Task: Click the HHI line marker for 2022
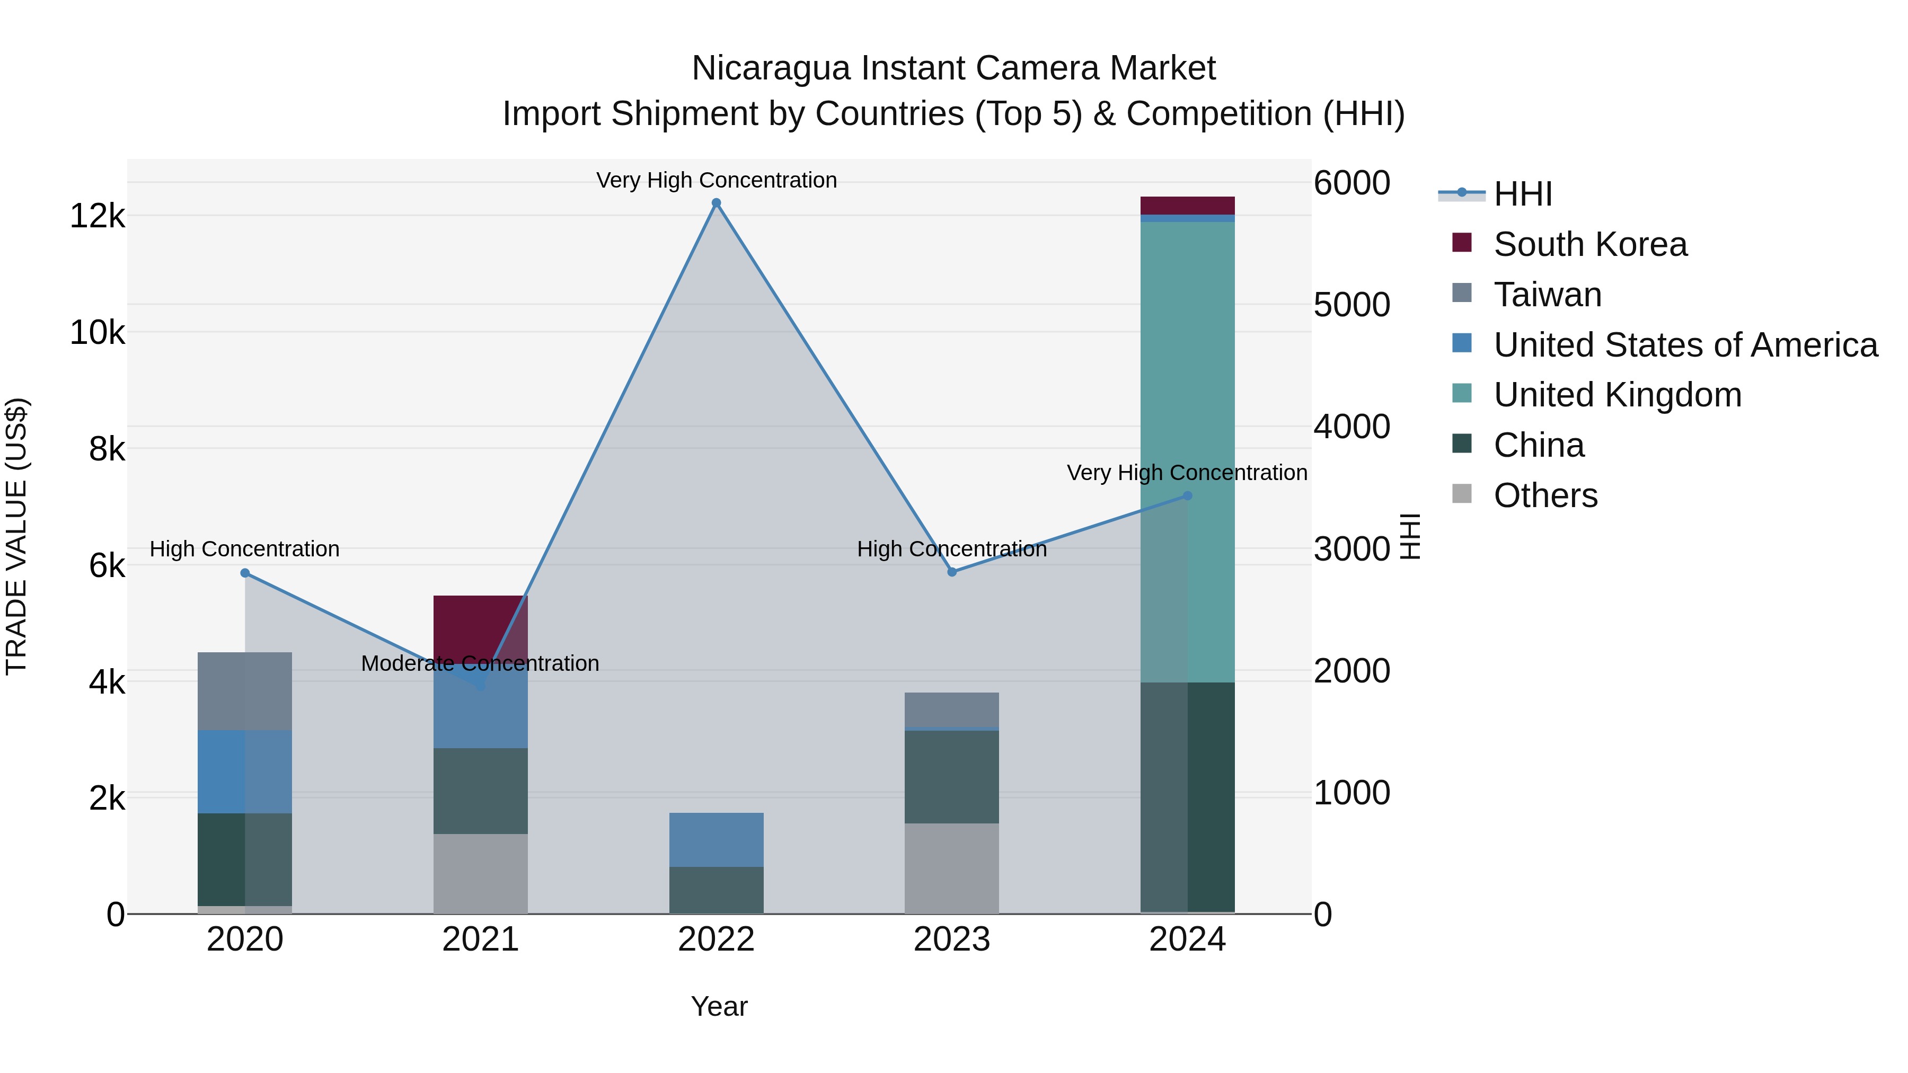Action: (715, 203)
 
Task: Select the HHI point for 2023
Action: (952, 572)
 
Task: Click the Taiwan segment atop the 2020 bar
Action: (245, 691)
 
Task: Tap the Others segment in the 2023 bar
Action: (952, 868)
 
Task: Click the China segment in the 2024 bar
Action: (1187, 796)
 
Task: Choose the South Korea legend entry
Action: (1589, 244)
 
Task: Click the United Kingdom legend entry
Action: (1617, 395)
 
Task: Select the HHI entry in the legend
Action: (1522, 194)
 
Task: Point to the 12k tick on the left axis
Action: (97, 216)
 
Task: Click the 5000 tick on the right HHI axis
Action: (1351, 305)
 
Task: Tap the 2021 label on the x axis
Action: (480, 939)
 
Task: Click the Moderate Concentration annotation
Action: (480, 663)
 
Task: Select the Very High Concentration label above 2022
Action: (715, 180)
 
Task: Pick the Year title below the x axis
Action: (719, 1006)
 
